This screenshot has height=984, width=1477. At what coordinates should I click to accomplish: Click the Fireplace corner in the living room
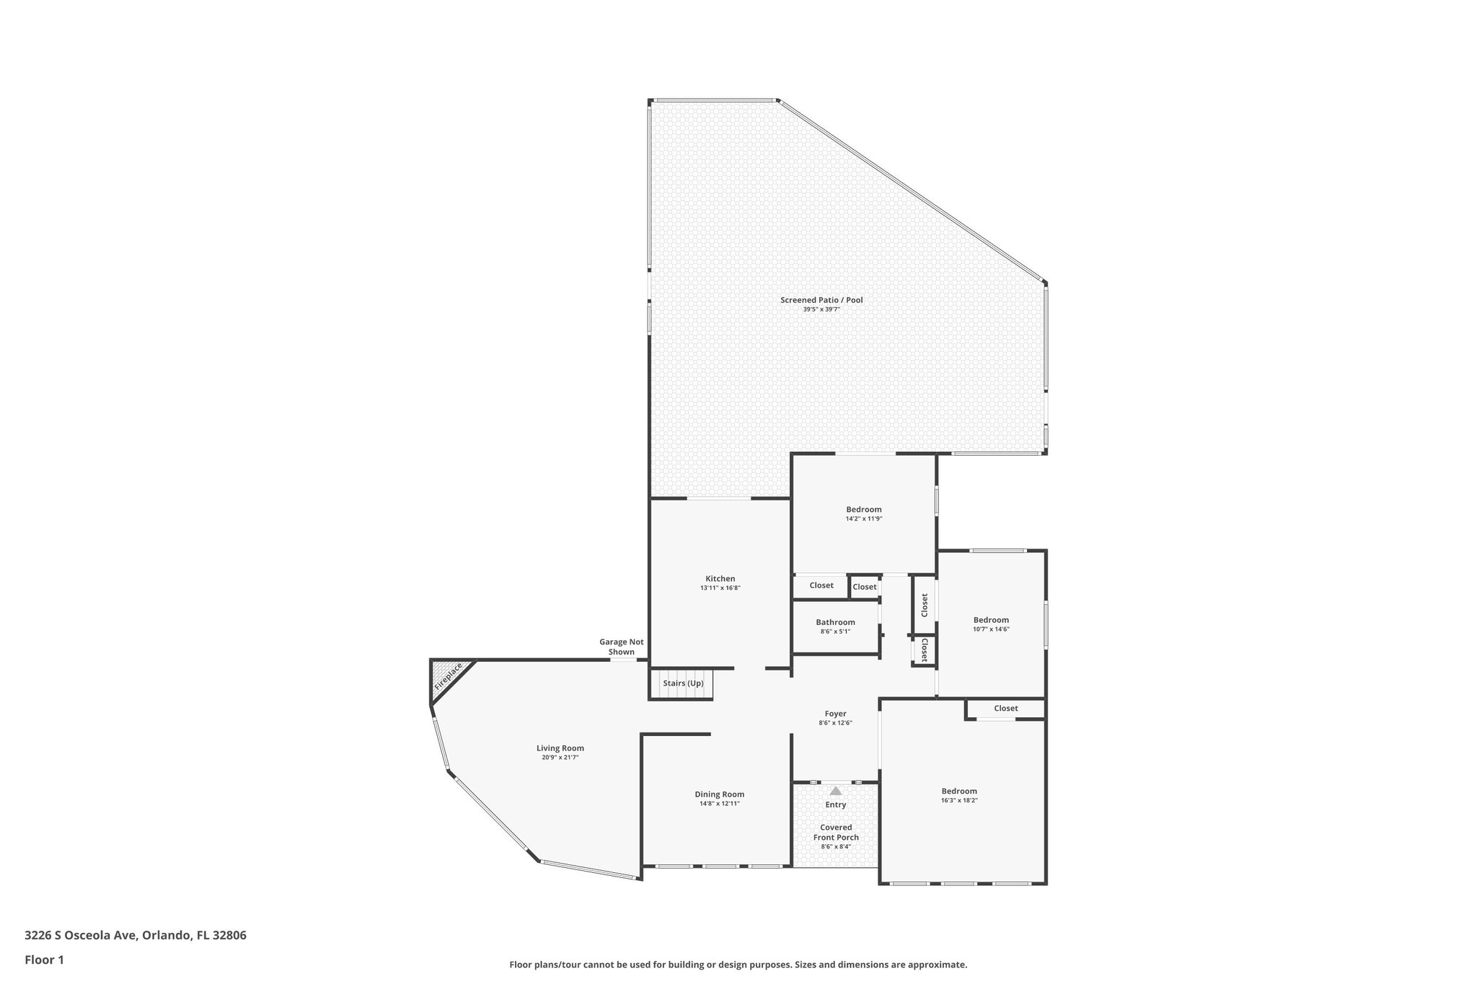pos(448,678)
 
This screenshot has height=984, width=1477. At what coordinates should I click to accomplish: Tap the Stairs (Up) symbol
pos(682,683)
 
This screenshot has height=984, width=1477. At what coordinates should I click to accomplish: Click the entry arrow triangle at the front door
pos(835,791)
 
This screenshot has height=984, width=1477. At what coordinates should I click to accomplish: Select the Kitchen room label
pos(720,579)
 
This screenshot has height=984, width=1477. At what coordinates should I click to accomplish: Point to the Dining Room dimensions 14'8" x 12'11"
pos(719,803)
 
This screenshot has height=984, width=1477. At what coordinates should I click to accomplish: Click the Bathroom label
pos(835,622)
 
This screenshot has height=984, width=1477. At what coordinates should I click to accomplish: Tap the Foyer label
pos(835,714)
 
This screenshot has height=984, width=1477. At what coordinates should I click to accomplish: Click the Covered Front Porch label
pos(836,833)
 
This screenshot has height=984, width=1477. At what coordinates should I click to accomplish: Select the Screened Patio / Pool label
pos(821,300)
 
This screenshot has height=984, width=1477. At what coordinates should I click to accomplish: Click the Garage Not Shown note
pos(621,647)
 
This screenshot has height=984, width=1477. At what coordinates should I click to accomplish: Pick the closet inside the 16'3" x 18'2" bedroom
pos(1005,709)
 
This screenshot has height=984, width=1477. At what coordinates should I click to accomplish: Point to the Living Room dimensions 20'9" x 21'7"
pos(560,758)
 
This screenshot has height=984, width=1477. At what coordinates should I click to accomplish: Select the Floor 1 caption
pos(45,959)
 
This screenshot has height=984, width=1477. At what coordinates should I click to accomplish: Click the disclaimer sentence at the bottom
pos(738,965)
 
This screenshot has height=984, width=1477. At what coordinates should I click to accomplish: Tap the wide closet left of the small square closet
pos(821,585)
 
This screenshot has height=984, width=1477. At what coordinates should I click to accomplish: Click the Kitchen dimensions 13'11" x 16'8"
pos(720,588)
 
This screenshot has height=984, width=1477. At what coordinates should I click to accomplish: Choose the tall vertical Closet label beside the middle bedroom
pos(924,605)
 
